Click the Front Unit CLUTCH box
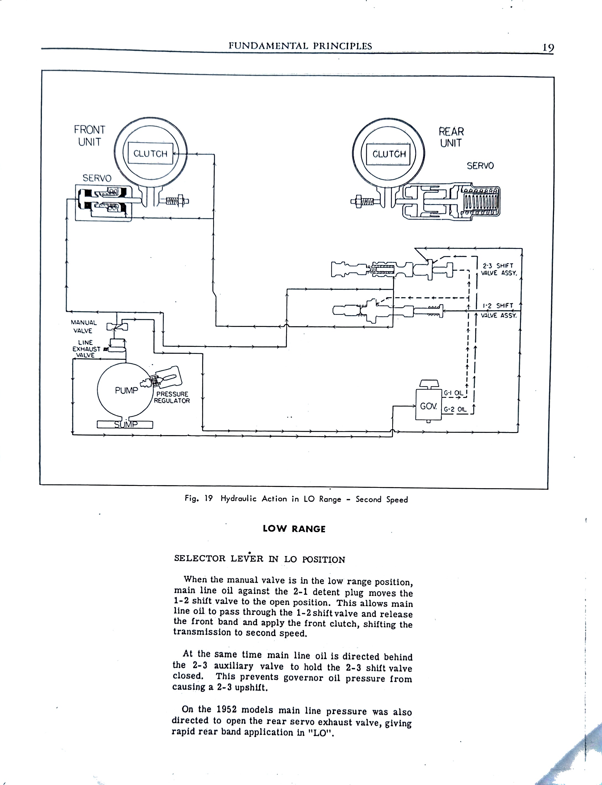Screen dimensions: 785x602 click(x=150, y=154)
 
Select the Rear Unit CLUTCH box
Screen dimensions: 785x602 click(x=389, y=154)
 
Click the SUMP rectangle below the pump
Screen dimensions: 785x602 click(x=125, y=425)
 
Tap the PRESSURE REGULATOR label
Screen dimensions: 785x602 click(x=172, y=397)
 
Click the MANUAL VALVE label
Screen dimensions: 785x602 click(x=83, y=326)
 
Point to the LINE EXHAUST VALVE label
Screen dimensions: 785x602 click(x=86, y=349)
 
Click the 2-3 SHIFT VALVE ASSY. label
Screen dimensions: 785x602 click(x=498, y=269)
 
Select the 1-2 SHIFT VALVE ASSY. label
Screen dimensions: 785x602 click(x=498, y=310)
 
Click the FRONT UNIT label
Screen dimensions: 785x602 click(x=89, y=135)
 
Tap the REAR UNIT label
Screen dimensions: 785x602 click(x=451, y=137)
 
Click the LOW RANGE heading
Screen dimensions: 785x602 click(x=294, y=529)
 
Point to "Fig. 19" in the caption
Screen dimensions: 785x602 click(x=198, y=498)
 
